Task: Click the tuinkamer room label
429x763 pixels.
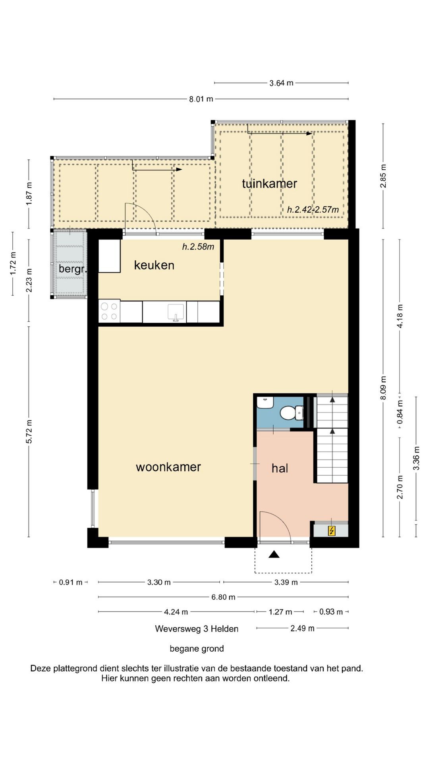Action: (x=269, y=184)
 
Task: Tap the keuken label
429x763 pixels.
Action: (x=154, y=265)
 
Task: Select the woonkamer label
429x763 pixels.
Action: (x=168, y=467)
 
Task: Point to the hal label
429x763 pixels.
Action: (x=280, y=468)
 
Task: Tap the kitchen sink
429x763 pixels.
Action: (x=176, y=312)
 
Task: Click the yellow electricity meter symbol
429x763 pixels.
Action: (x=331, y=531)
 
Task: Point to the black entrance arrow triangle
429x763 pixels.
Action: (x=274, y=554)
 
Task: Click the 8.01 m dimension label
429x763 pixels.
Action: (x=201, y=99)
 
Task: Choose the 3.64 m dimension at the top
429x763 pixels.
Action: (x=281, y=83)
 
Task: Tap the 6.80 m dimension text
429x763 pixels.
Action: (x=223, y=597)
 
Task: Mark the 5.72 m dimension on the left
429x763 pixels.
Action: (x=29, y=431)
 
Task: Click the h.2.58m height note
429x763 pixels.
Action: (x=198, y=246)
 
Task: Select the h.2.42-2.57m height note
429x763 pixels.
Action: (x=313, y=209)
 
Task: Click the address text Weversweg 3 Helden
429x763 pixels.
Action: (x=197, y=629)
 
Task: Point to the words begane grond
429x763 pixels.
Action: (x=197, y=649)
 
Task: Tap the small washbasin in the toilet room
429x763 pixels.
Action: (x=265, y=402)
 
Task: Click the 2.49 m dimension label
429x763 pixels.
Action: (x=302, y=628)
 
